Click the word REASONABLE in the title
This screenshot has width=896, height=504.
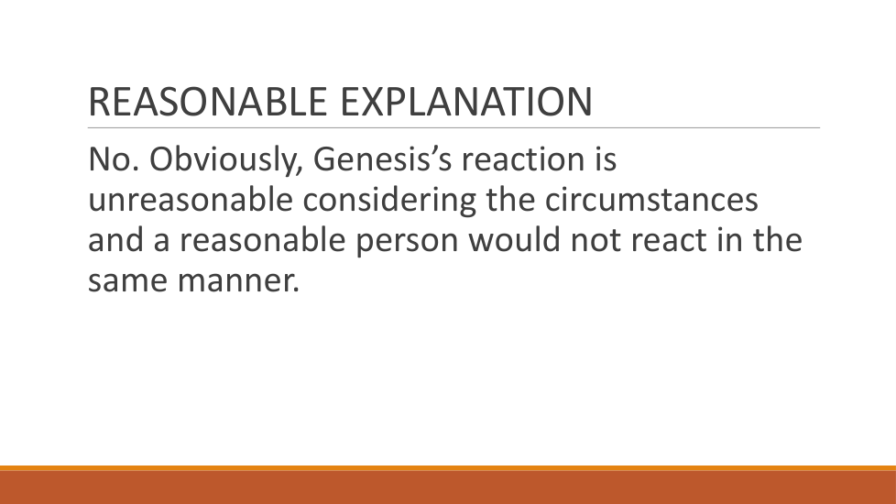[207, 102]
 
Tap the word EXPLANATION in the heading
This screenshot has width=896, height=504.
[466, 102]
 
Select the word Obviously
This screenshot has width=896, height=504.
[225, 159]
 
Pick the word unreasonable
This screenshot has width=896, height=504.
[191, 200]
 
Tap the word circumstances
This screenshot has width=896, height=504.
[650, 200]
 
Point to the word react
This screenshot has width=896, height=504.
[669, 241]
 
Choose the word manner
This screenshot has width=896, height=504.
[238, 281]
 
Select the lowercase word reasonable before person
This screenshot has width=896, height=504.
[263, 239]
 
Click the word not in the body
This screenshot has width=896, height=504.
[596, 241]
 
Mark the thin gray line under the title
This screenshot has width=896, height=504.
[453, 128]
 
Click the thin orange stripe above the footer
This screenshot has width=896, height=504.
[448, 468]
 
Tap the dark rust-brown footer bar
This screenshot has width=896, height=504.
[448, 488]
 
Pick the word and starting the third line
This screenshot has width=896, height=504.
[115, 239]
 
